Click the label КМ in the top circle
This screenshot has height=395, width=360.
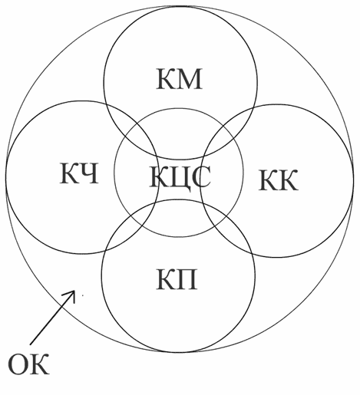179,79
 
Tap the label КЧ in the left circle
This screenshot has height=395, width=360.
79,173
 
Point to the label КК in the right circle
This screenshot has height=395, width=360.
278,180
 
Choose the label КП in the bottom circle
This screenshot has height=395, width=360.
177,278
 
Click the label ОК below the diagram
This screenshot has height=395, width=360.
28,364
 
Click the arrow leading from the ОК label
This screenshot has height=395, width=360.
52,318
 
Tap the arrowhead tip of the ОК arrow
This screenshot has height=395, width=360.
74,291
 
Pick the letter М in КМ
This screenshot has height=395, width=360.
189,79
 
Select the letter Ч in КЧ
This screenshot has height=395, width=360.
89,173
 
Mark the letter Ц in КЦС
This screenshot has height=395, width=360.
180,179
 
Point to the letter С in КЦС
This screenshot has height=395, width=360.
201,176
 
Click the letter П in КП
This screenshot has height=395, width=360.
187,278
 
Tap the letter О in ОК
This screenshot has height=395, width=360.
18,364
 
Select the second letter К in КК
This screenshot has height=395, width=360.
289,180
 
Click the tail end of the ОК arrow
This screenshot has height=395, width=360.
30,344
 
